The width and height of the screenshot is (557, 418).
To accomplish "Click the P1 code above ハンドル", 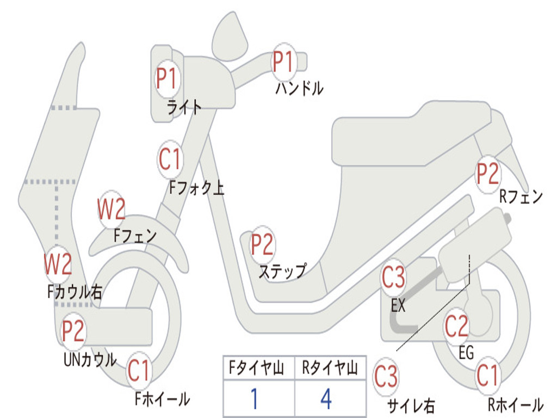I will tap(283, 62).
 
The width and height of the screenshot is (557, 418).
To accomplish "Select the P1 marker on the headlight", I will tap(166, 78).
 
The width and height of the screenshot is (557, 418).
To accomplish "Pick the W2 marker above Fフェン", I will tap(112, 209).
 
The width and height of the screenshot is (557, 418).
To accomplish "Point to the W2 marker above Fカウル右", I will tap(58, 263).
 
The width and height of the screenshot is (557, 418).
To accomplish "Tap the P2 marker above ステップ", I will tap(262, 245).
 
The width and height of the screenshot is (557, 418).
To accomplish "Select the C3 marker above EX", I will tap(393, 278).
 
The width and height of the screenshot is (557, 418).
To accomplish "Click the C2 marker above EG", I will tap(456, 326).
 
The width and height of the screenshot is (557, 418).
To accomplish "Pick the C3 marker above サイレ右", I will tap(386, 377).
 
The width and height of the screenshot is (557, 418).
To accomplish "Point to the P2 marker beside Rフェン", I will tap(487, 174).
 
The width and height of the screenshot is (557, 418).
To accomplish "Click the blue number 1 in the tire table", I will tap(254, 398).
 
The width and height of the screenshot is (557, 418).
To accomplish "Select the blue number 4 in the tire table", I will tap(326, 398).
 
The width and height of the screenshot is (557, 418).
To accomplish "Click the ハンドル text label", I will tap(299, 88).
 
